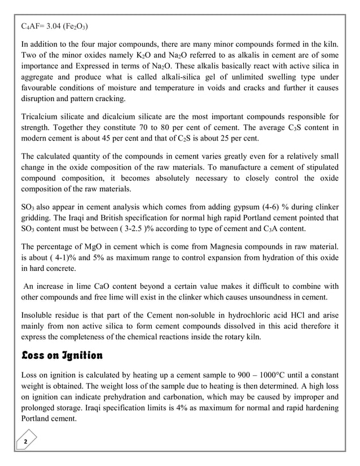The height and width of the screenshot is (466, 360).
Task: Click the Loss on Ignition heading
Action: coord(62,356)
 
